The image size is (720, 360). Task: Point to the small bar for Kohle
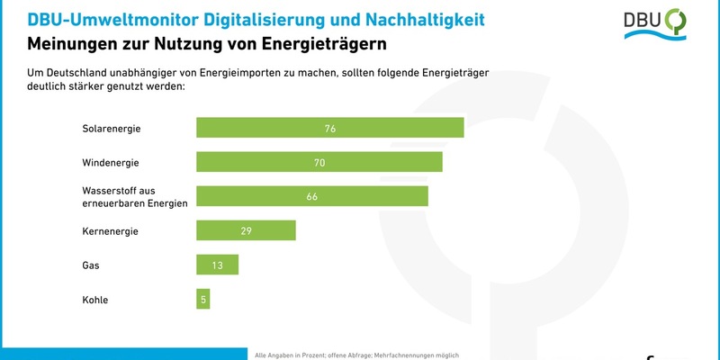coord(202,299)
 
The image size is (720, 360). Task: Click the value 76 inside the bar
coord(330,128)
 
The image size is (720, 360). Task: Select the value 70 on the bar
coord(319,162)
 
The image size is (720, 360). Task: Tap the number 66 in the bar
coord(312,196)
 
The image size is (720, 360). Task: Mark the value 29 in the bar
coord(246,230)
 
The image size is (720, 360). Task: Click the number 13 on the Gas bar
coord(217,265)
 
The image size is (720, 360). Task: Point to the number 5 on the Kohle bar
coord(203,299)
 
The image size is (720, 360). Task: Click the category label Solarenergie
coord(112,128)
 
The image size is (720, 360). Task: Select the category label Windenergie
coord(110,162)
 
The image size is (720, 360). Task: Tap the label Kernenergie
coord(110,230)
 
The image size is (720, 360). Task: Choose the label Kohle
coord(94,299)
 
